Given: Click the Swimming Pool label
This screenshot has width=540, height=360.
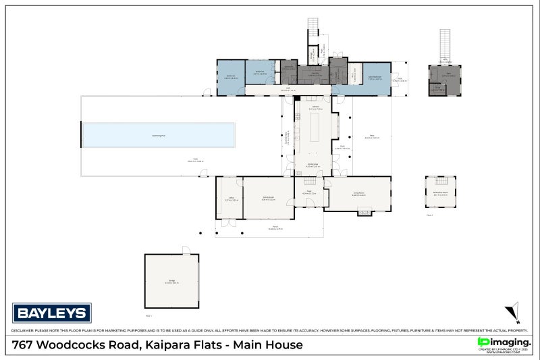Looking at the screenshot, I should [159, 136].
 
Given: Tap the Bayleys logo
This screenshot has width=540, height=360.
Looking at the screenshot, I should [52, 313].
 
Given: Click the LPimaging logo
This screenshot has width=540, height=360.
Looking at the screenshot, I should [504, 342].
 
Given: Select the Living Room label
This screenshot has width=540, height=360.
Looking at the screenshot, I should [358, 193].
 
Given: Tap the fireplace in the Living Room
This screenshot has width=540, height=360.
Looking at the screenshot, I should [364, 212].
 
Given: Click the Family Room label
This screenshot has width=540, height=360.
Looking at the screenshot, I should [268, 198].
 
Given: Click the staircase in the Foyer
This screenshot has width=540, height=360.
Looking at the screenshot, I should [309, 181].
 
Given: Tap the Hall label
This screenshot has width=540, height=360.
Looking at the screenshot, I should [286, 88].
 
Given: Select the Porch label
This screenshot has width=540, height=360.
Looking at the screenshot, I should [275, 228].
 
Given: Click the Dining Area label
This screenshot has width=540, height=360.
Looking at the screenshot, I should [313, 165].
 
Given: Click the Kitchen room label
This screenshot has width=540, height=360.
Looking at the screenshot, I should [315, 107].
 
